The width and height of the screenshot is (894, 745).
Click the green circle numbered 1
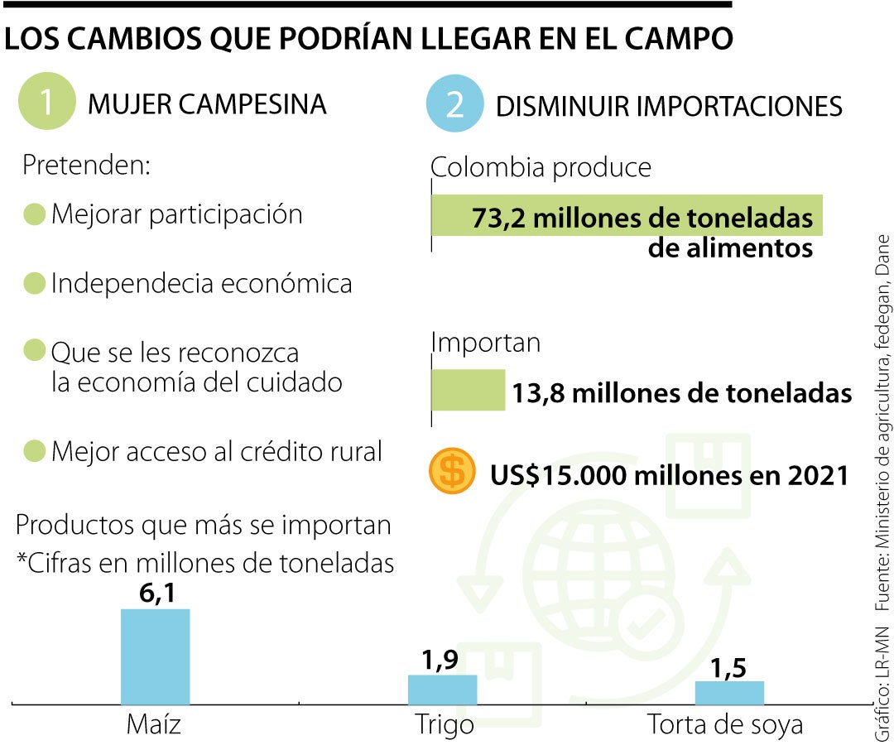pyautogui.click(x=46, y=103)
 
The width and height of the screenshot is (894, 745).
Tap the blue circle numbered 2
pyautogui.click(x=454, y=105)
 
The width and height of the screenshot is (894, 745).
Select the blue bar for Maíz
pyautogui.click(x=156, y=656)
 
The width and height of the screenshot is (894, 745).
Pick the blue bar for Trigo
pyautogui.click(x=442, y=690)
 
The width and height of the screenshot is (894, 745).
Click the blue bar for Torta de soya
pyautogui.click(x=729, y=693)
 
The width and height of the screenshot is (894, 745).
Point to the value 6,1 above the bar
pyautogui.click(x=156, y=593)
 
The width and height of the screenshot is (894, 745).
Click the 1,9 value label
pyautogui.click(x=440, y=660)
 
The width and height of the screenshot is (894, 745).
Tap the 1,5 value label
pyautogui.click(x=728, y=667)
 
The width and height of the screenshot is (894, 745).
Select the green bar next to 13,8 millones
pyautogui.click(x=469, y=390)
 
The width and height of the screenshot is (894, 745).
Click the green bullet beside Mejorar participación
pyautogui.click(x=34, y=214)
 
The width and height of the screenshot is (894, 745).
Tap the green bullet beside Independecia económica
pyautogui.click(x=34, y=284)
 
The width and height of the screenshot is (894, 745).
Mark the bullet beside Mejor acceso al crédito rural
pyautogui.click(x=34, y=452)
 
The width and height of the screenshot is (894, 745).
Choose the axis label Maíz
pyautogui.click(x=154, y=725)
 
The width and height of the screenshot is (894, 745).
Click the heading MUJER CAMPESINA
pyautogui.click(x=207, y=104)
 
